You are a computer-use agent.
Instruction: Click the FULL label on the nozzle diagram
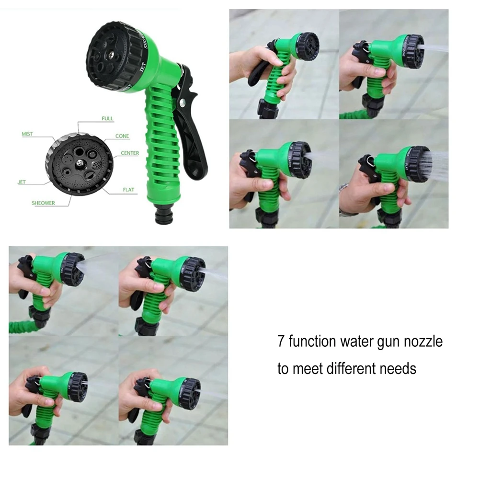point(107,118)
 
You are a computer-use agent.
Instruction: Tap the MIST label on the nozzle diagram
point(27,134)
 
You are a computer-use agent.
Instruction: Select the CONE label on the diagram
point(122,137)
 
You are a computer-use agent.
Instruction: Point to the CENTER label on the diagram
point(130,153)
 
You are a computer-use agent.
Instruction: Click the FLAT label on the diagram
point(128,190)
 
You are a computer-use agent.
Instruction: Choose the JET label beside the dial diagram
point(22,182)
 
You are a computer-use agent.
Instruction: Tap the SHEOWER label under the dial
point(43,203)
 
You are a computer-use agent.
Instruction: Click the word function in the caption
point(312,342)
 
